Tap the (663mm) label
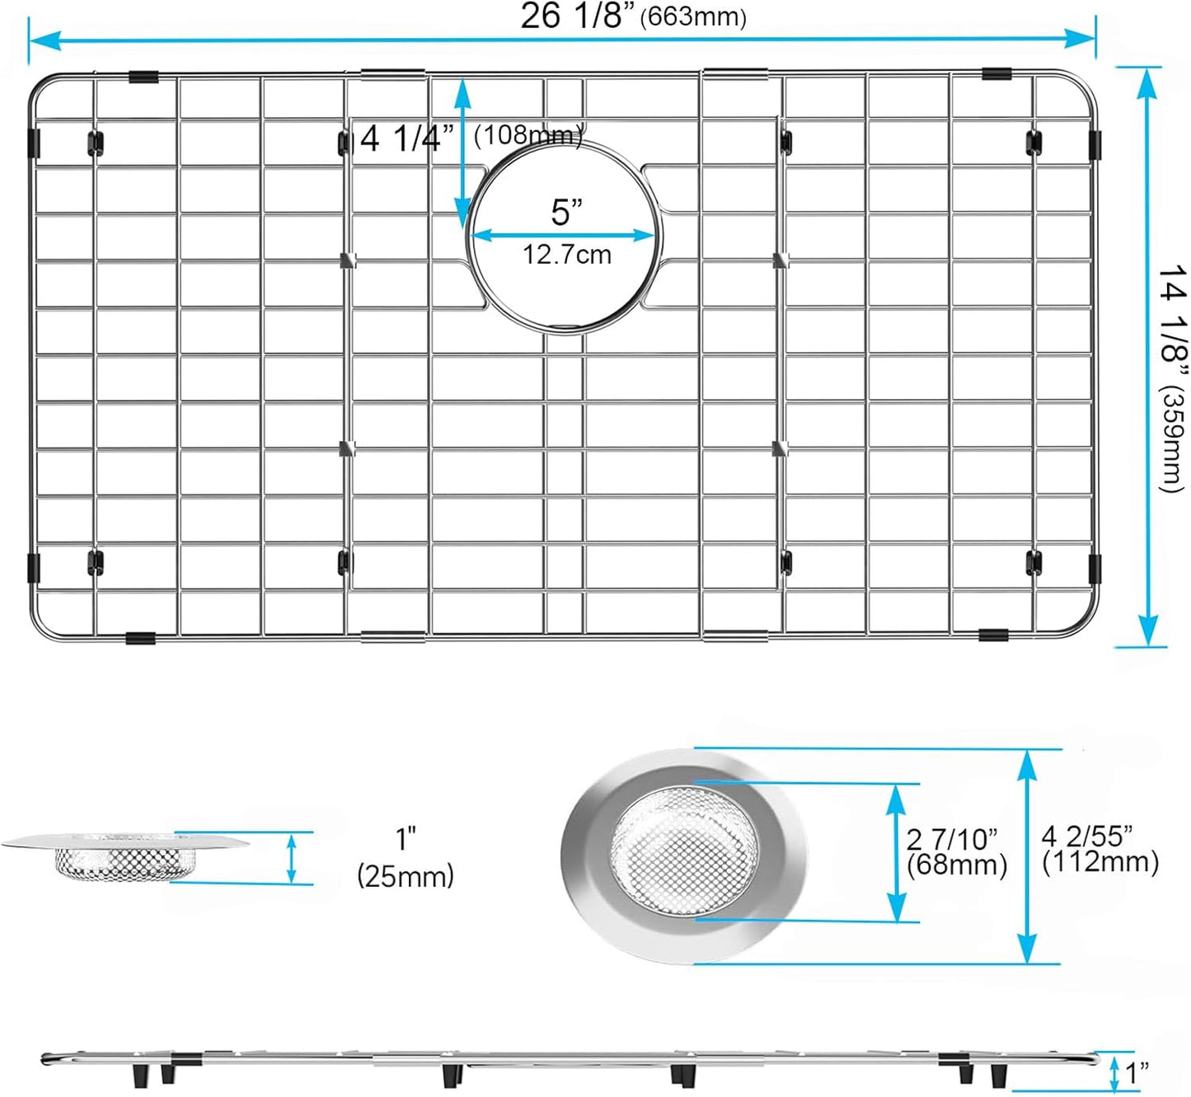click(x=693, y=18)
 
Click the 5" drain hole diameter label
click(x=566, y=213)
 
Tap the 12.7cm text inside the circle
click(x=566, y=255)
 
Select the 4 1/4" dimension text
click(x=407, y=138)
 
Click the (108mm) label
click(x=528, y=134)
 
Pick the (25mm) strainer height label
click(x=405, y=875)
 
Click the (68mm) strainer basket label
click(x=956, y=865)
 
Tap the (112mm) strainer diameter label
click(x=1100, y=862)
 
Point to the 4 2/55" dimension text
click(x=1086, y=837)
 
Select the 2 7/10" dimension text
click(x=951, y=840)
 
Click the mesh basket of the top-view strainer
click(x=683, y=849)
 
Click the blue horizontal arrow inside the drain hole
click(x=564, y=235)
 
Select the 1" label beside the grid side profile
click(x=1137, y=1073)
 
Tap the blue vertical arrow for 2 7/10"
click(x=898, y=852)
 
